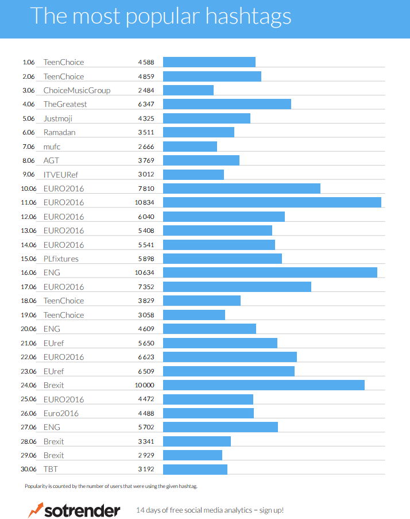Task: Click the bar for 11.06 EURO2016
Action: [272, 202]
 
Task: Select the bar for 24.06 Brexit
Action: [264, 385]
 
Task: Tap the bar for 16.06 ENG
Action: [270, 272]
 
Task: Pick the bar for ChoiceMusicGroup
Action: [188, 90]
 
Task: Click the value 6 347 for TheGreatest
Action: [146, 105]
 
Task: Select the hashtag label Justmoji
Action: [58, 118]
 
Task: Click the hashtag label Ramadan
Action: [60, 132]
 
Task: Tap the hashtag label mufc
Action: [52, 147]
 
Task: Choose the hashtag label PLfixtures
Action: [61, 259]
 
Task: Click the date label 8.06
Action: [29, 160]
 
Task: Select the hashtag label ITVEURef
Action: [60, 175]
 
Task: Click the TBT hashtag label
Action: [51, 469]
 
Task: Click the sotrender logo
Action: [74, 510]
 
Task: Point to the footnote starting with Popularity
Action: [111, 487]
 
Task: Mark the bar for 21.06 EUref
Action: [220, 343]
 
